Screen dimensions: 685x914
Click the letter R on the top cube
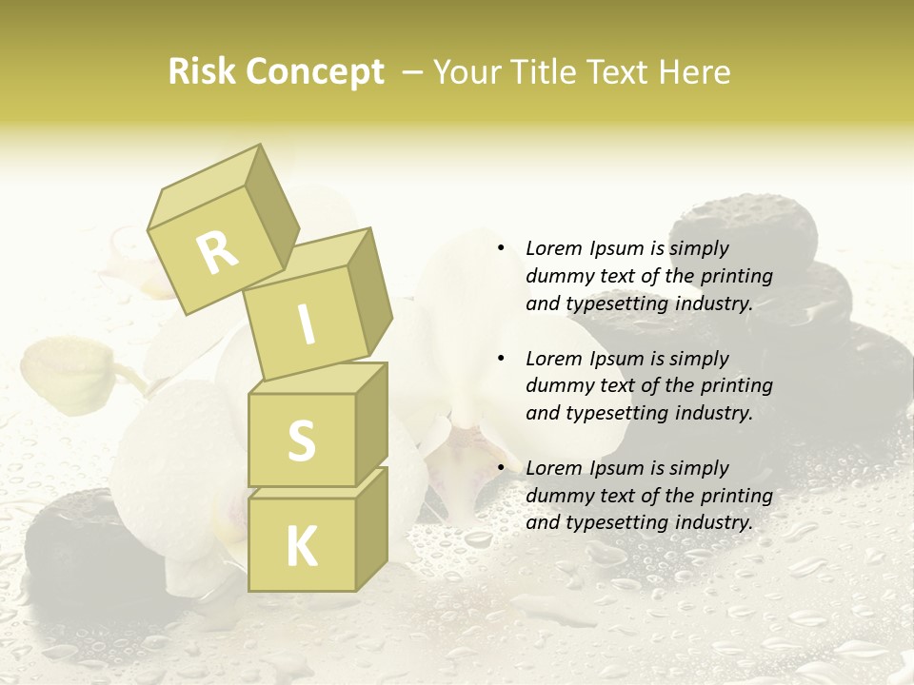tap(217, 251)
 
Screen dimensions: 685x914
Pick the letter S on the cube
tap(301, 440)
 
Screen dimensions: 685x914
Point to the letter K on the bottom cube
tap(301, 546)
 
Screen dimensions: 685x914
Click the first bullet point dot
tap(500, 248)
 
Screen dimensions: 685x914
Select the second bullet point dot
tap(500, 359)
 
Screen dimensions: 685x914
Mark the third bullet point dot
tap(500, 468)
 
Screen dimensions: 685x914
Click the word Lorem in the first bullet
tap(552, 248)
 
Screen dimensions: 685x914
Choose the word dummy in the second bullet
tap(556, 386)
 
